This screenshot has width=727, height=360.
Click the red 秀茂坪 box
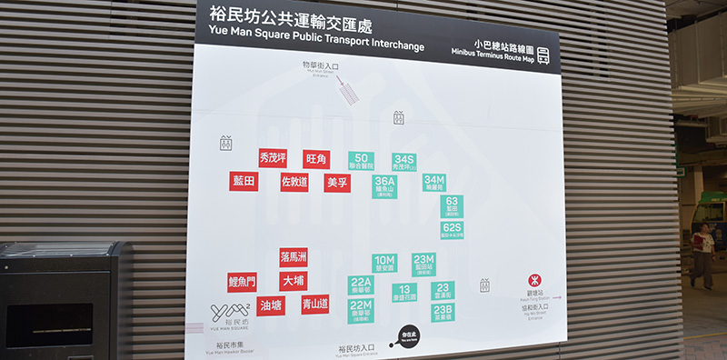coord(273,158)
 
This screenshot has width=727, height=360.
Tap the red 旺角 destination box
coord(316,159)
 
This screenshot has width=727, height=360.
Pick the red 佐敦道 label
coord(294,182)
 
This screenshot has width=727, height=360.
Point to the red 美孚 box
coord(337,183)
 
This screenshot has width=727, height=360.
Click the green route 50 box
coord(361,161)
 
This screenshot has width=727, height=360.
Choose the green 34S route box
coord(403,162)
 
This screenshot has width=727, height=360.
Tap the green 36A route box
coord(384,186)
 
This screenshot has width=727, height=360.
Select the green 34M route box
coord(434,183)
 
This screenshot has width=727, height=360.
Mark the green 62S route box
coord(452,229)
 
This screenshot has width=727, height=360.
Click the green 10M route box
coord(384,263)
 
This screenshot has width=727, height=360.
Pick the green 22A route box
coord(361,285)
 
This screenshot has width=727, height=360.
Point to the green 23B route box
coord(443,312)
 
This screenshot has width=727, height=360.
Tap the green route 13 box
coord(404,292)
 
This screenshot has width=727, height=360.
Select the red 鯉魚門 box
coord(242,282)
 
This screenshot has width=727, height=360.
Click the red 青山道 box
coord(315,304)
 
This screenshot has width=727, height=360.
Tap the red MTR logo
coord(533,281)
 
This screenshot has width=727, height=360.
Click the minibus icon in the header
coord(543,55)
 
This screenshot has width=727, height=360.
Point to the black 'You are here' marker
coord(411,336)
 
